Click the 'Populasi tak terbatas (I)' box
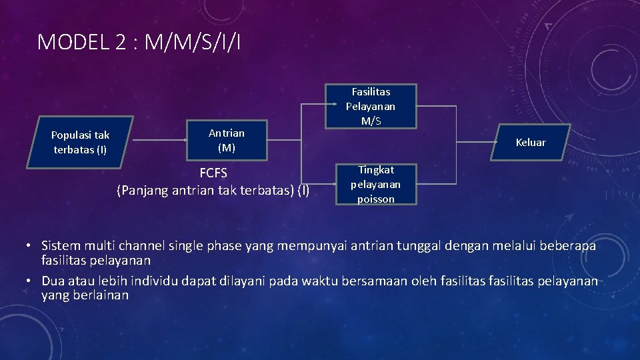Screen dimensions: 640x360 pyautogui.click(x=80, y=142)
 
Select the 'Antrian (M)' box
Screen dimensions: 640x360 pyautogui.click(x=226, y=141)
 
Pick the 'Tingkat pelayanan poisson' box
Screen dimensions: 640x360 pyautogui.click(x=376, y=184)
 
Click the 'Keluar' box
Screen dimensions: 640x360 pyautogui.click(x=530, y=142)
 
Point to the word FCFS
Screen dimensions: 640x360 pyautogui.click(x=213, y=174)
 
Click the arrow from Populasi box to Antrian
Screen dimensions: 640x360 pyautogui.click(x=159, y=141)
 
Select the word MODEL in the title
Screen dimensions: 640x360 pyautogui.click(x=71, y=42)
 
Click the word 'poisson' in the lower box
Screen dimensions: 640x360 pyautogui.click(x=376, y=199)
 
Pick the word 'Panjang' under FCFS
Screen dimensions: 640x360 pyautogui.click(x=143, y=191)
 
